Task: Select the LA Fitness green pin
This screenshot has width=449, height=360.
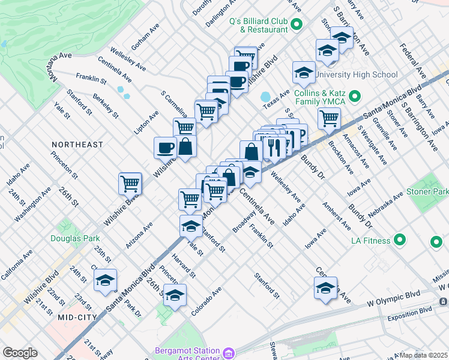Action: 401,241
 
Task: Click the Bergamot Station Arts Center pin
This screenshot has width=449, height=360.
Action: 228,353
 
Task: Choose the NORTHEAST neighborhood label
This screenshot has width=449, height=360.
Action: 77,145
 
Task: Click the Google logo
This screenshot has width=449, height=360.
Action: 20,353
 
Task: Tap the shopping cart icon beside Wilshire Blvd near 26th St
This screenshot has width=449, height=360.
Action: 130,184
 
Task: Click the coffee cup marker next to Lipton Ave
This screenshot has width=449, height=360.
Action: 165,147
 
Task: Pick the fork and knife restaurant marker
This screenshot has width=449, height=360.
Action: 274,147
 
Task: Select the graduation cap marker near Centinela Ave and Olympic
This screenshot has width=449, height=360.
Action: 325,287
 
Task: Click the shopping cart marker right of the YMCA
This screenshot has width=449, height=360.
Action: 329,118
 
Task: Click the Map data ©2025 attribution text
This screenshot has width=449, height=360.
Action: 424,355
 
